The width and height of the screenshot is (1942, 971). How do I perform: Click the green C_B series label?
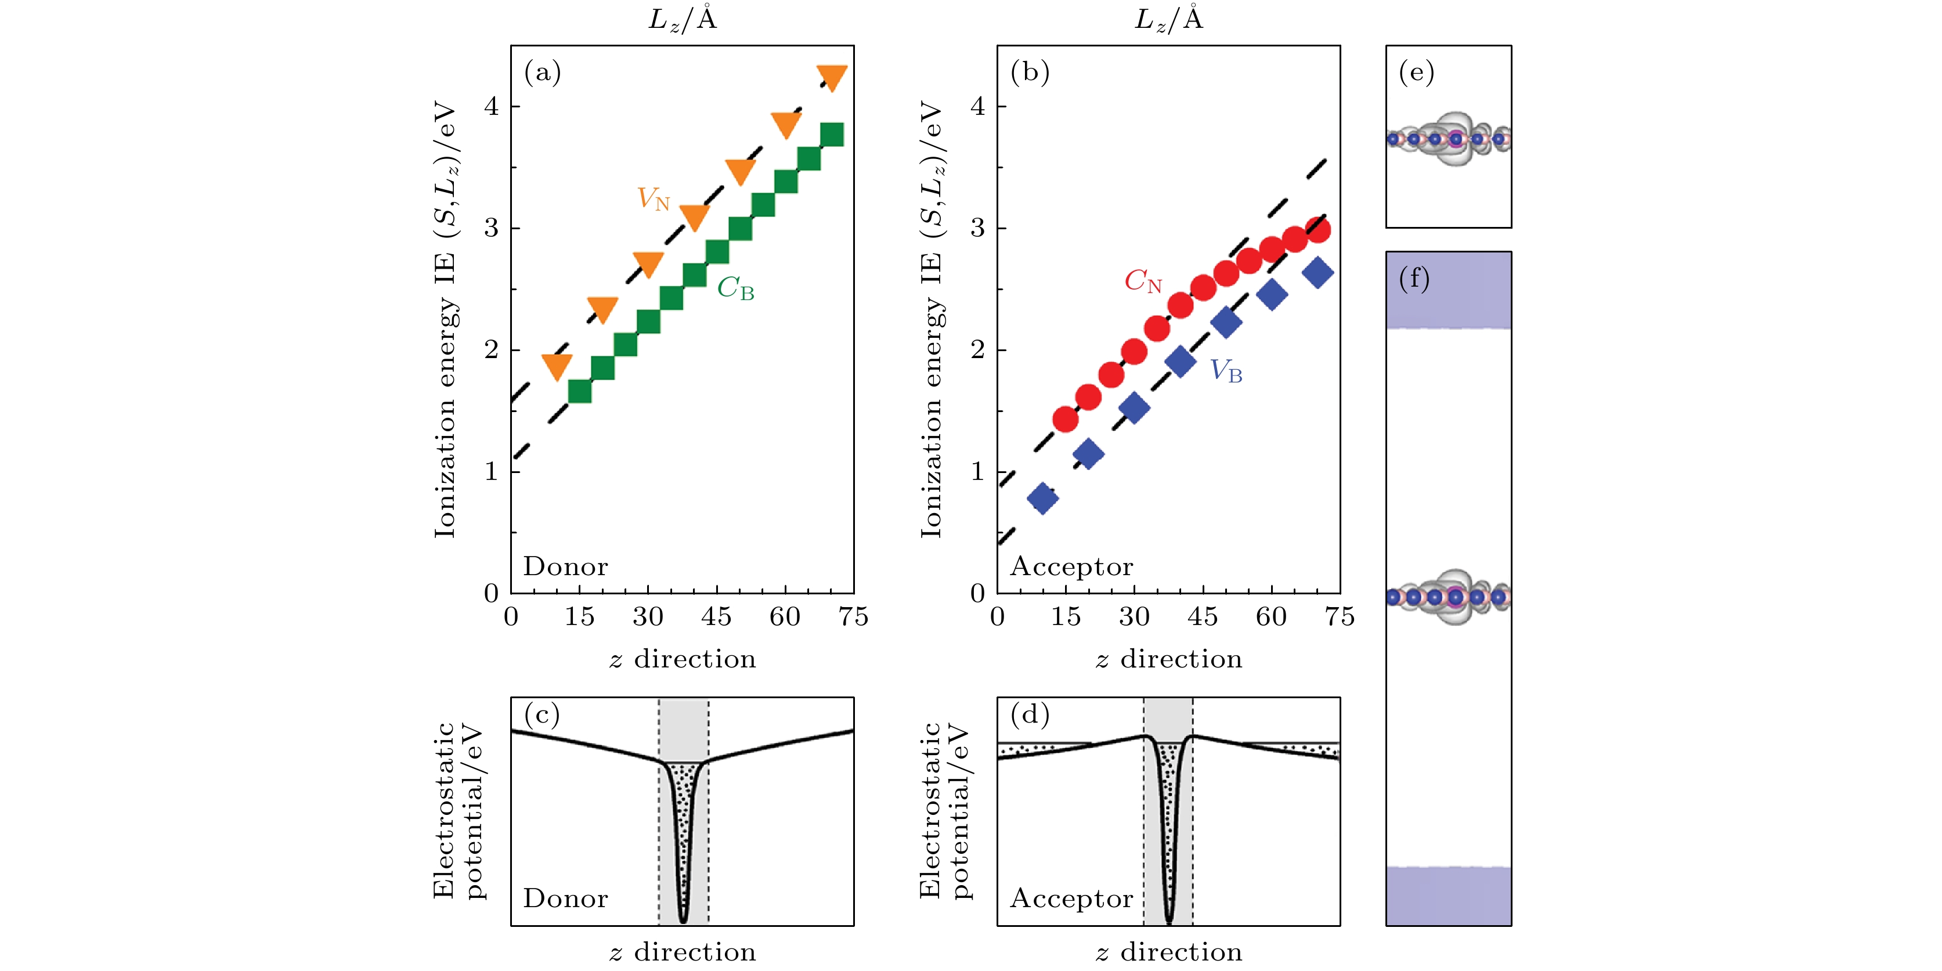point(735,288)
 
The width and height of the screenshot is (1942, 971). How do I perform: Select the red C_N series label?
point(1143,281)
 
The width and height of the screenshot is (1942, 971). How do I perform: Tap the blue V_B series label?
point(1226,371)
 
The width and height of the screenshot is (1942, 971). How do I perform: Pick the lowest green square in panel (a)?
point(579,391)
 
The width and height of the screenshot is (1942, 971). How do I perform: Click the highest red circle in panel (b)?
point(1317,229)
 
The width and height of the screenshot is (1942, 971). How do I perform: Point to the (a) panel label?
point(543,73)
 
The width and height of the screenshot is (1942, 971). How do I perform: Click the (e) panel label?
point(1416,73)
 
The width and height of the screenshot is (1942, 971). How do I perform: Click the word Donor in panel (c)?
point(565,898)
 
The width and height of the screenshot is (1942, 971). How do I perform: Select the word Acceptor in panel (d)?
point(1071,898)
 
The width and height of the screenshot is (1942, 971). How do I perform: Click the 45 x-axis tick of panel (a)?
point(716,618)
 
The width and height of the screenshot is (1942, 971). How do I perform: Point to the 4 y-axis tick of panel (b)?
point(978,106)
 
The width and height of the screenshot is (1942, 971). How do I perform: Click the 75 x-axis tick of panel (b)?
point(1340,618)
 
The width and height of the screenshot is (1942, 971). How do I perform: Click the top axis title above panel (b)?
point(1168,18)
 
